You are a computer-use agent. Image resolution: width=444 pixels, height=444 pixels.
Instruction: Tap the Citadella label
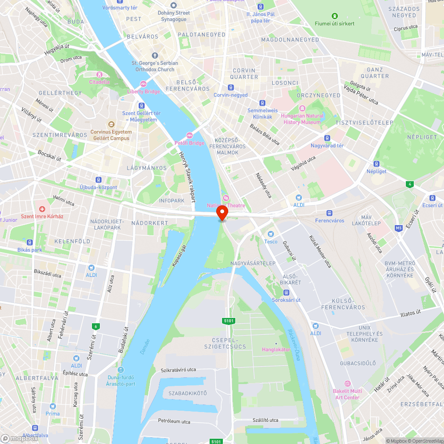tap(99, 82)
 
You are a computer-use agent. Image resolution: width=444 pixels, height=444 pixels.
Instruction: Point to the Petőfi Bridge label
tap(189, 143)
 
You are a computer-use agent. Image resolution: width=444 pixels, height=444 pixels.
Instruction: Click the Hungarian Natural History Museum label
tap(302, 119)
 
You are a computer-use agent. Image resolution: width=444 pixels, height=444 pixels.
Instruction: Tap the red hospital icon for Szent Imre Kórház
tap(42, 209)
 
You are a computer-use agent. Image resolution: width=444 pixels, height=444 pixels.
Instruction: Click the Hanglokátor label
tap(276, 349)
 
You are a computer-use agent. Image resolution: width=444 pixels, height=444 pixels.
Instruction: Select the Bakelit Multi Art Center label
tap(347, 394)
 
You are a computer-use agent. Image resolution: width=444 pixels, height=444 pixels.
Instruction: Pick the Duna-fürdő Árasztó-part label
tap(121, 381)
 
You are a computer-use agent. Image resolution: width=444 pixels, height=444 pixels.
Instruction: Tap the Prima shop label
tap(52, 413)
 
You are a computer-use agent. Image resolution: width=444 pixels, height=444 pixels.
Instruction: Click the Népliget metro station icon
tap(377, 164)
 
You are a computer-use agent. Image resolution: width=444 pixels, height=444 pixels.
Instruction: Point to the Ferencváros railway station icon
tap(329, 213)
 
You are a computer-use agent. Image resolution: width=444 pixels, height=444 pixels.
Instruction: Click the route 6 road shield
tap(95, 326)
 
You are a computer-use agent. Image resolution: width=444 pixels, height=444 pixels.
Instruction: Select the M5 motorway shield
tap(398, 228)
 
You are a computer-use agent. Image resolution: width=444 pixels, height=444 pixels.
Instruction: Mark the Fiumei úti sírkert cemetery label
tap(335, 23)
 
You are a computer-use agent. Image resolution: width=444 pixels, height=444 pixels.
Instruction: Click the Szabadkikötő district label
tap(187, 393)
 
